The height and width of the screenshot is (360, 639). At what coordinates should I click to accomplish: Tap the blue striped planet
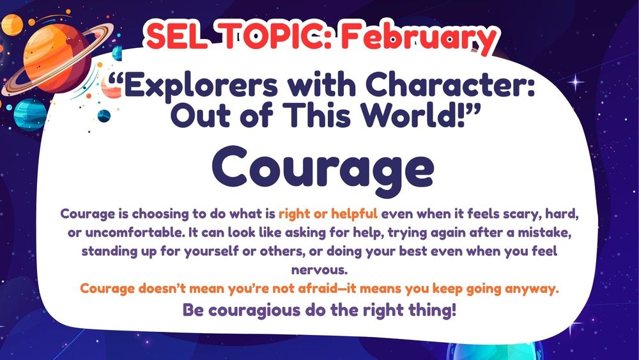tap(27, 115)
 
